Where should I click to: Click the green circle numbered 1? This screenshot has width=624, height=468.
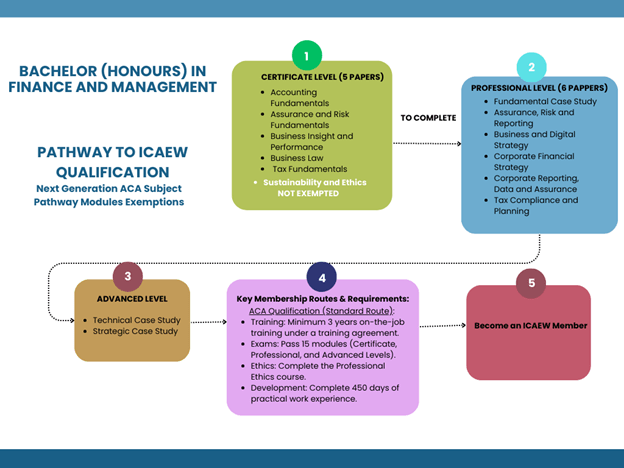pos(306,55)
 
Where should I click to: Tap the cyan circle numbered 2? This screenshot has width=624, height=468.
pos(531,67)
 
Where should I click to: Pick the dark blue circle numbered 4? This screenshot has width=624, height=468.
pos(321,277)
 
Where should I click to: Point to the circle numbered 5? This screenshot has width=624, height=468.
pos(530,283)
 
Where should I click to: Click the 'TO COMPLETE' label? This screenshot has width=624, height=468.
pos(428,118)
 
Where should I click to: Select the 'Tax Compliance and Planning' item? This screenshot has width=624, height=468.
pos(536,205)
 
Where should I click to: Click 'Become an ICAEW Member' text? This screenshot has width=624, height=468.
pos(530,325)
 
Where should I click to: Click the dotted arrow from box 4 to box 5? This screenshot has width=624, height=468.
pos(440,325)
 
